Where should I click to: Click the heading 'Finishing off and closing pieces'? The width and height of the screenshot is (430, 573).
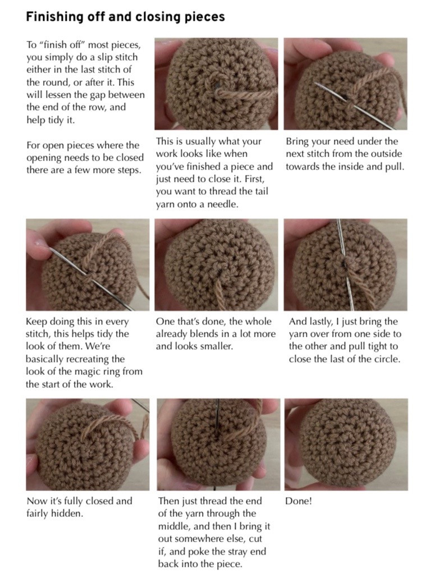125,17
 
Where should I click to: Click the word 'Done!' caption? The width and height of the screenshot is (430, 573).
298,501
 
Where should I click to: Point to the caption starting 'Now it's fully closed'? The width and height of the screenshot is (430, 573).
79,507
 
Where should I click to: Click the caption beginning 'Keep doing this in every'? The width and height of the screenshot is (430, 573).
84,352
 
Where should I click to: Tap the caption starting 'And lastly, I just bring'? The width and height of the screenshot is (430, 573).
345,340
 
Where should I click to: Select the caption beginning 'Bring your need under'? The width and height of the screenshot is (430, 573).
344,154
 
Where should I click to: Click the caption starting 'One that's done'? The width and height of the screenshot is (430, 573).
216,334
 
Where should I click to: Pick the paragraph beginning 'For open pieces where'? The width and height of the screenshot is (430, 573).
85,158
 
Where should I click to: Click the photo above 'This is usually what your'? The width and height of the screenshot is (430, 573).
216,84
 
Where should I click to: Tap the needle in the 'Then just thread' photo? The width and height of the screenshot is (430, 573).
218,418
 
